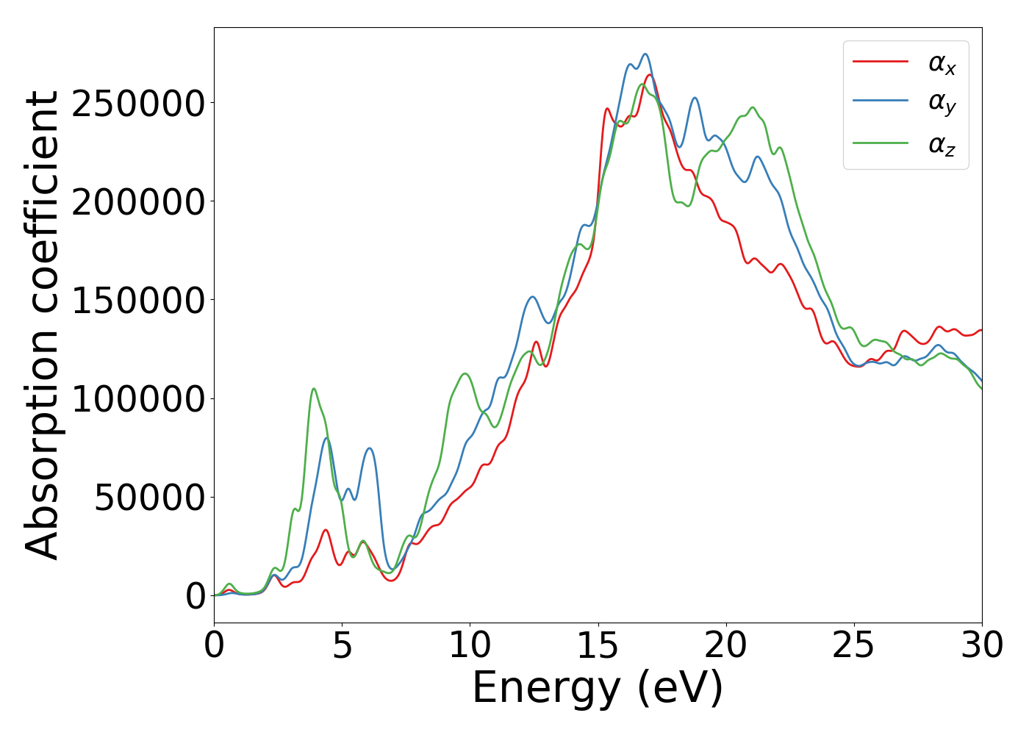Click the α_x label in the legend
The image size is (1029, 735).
(x=942, y=64)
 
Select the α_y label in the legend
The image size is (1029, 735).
(x=942, y=104)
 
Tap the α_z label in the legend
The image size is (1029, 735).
(x=942, y=145)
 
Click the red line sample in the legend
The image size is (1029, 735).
(x=880, y=62)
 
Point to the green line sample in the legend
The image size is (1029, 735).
(x=880, y=143)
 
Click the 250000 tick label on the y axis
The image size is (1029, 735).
(x=137, y=104)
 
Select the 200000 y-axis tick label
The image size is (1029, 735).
(x=137, y=202)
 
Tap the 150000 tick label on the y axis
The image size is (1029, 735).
(x=137, y=301)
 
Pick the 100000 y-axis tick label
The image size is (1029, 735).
(x=137, y=399)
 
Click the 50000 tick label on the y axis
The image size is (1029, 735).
(x=150, y=498)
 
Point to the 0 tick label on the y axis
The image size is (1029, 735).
(x=196, y=597)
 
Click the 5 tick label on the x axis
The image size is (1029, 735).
(x=342, y=646)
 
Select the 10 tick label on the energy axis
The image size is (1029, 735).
(x=470, y=646)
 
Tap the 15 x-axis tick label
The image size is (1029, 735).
(x=598, y=646)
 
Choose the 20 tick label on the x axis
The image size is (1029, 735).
(x=726, y=646)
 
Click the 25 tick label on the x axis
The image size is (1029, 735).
(x=854, y=646)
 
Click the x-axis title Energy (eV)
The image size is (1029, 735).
(x=598, y=689)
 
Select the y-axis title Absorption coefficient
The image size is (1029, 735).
(x=42, y=326)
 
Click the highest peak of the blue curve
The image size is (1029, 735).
(x=645, y=54)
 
